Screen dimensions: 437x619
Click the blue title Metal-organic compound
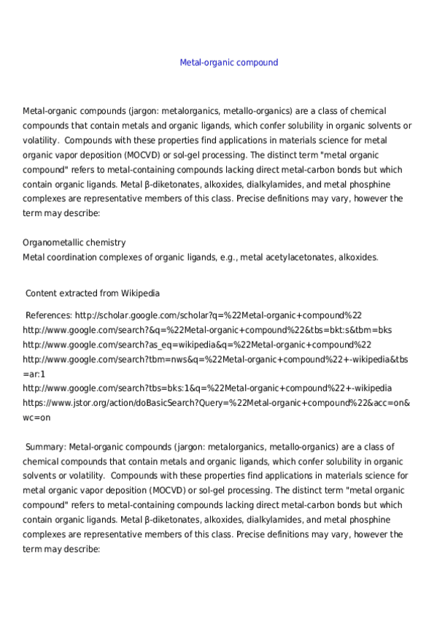[228, 63]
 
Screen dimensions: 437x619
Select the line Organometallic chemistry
[74, 242]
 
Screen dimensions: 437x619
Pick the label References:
[49, 315]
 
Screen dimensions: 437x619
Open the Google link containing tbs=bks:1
[207, 388]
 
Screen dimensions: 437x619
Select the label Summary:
[45, 447]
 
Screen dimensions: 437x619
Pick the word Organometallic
[52, 242]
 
